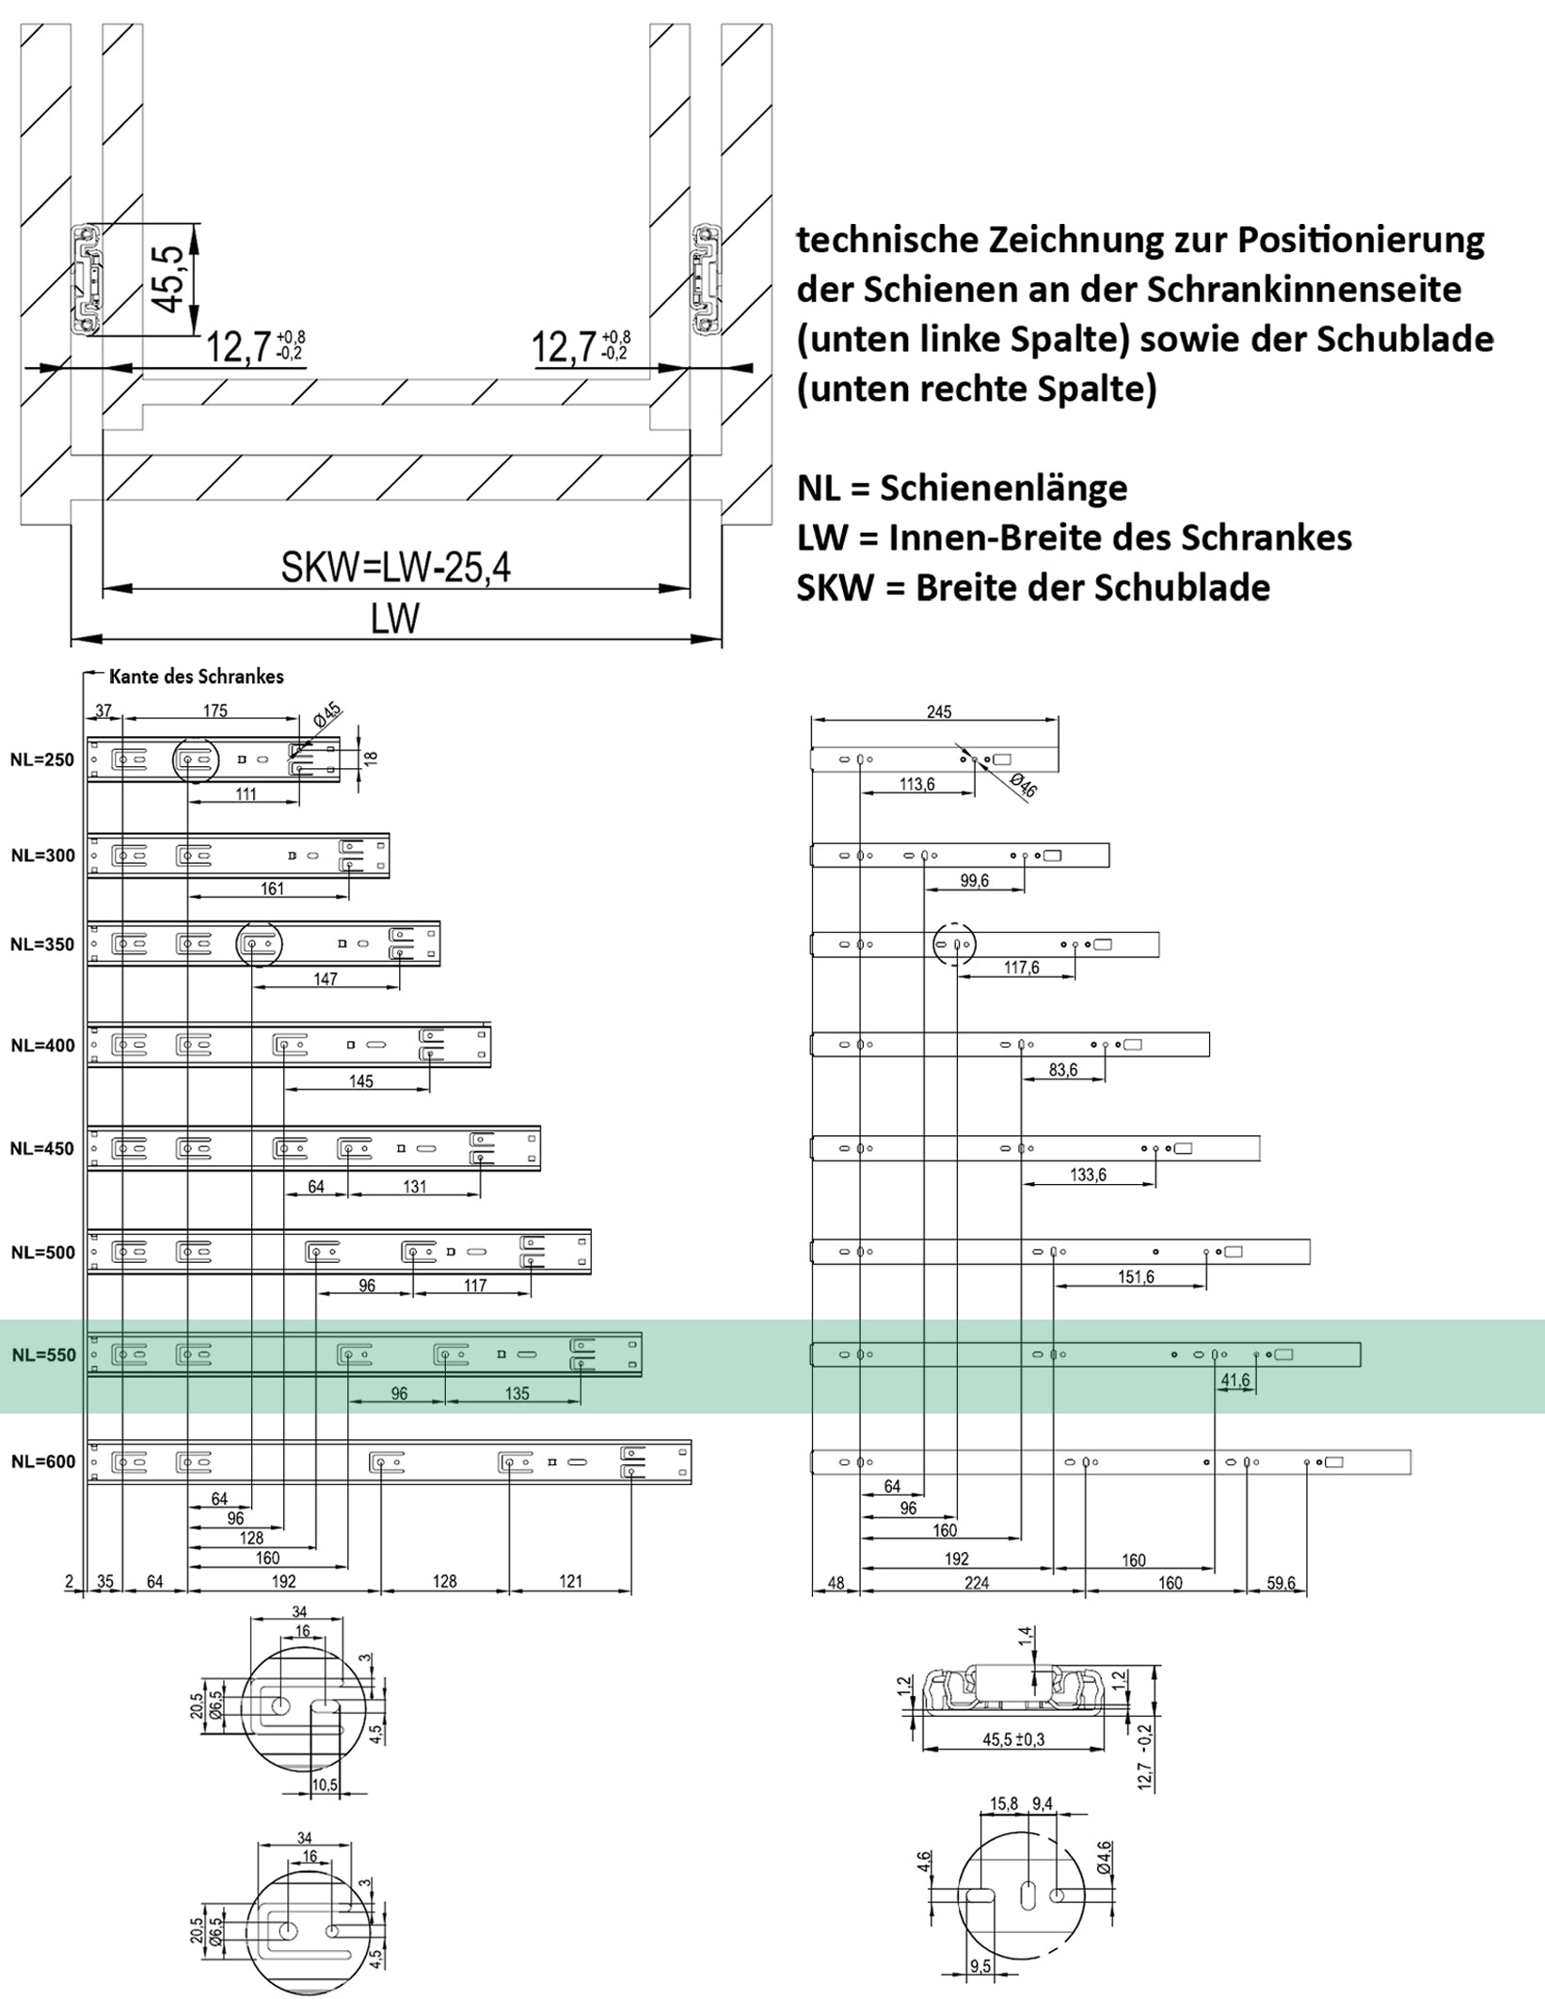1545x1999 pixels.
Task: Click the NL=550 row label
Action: (42, 1355)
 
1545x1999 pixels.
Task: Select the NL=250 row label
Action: (41, 760)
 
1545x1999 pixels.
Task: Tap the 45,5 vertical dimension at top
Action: (168, 279)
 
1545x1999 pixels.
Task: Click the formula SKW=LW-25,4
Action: (395, 568)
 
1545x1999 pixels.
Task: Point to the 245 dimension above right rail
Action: (938, 712)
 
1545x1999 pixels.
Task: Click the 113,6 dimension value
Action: (916, 784)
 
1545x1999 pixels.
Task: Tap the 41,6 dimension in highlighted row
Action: (1235, 1381)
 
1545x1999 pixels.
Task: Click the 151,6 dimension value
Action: (1136, 1277)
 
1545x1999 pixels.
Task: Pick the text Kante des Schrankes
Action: (196, 677)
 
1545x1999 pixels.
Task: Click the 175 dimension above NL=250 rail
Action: (215, 712)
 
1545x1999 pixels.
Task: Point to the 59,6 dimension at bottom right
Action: (1281, 1583)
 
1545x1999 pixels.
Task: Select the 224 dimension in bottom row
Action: (977, 1583)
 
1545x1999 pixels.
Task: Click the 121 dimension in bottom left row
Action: (571, 1581)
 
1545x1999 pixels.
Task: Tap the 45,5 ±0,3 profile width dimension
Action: (1013, 1740)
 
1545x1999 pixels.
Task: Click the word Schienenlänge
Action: (1004, 488)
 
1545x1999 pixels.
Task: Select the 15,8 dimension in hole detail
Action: (1004, 1804)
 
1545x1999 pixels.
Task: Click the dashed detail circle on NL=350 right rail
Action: (955, 944)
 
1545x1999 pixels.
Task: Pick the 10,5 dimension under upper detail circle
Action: (325, 1785)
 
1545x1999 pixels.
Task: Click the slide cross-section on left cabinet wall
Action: (88, 280)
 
